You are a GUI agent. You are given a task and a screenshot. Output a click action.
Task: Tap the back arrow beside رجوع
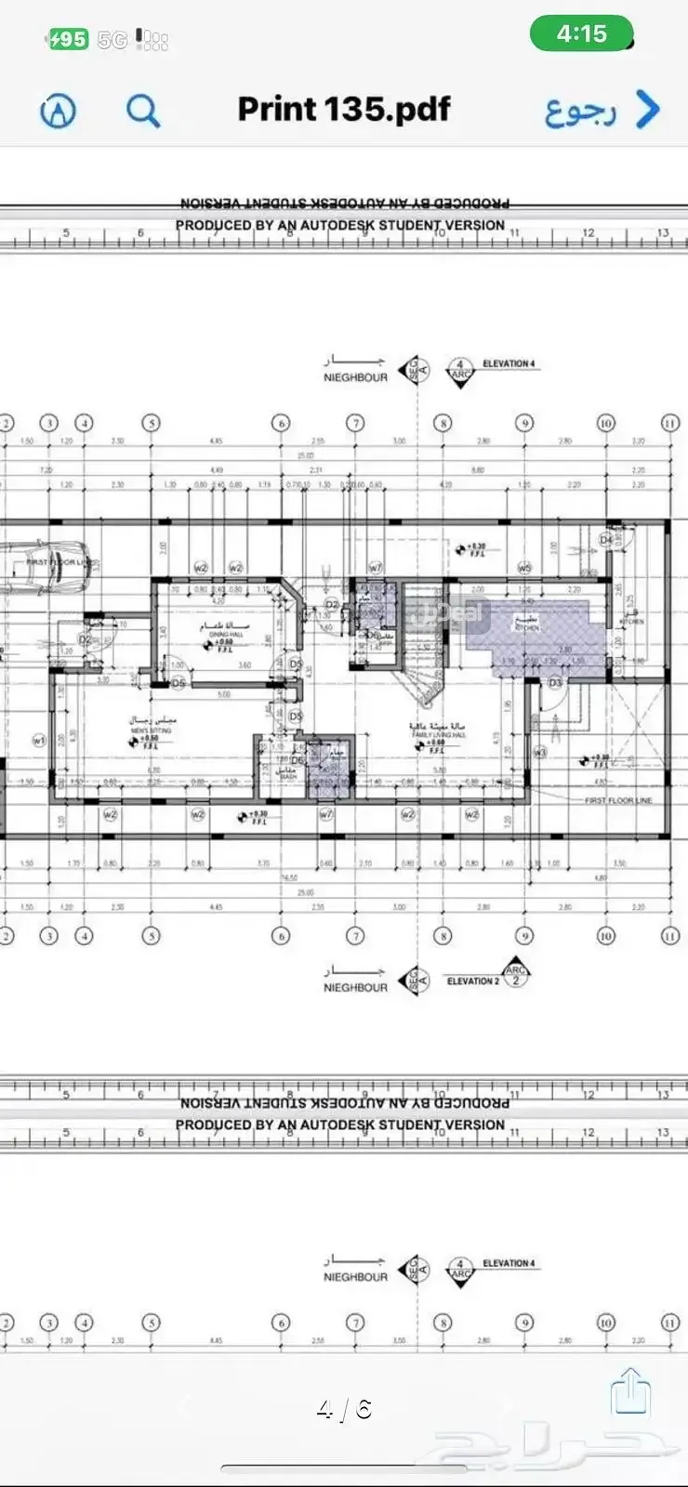(648, 110)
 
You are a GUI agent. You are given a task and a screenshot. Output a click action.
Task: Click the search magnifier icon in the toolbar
(143, 112)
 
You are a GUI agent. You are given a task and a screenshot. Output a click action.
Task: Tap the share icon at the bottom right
(630, 1391)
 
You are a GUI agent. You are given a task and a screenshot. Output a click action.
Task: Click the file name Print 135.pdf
(344, 110)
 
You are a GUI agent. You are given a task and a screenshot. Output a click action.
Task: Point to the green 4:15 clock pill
(581, 34)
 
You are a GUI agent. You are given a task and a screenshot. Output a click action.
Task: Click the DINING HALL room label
(225, 632)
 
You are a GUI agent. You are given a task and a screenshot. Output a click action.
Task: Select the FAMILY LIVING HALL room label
(438, 733)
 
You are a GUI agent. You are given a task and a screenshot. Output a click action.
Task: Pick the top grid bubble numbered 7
(355, 423)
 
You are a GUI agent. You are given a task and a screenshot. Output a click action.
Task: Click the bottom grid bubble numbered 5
(151, 935)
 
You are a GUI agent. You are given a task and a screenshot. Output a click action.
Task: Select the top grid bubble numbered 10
(605, 423)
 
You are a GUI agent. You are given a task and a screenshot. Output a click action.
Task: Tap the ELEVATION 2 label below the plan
(472, 981)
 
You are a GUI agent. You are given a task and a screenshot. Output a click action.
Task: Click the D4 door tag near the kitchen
(606, 539)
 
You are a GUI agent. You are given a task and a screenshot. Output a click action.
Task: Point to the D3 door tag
(555, 683)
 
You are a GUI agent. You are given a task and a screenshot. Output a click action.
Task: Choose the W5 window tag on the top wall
(524, 568)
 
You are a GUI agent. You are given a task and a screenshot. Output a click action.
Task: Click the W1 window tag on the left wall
(39, 741)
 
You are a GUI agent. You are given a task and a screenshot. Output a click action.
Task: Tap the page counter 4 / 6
(344, 1410)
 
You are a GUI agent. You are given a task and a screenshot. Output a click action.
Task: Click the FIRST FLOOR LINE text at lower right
(618, 800)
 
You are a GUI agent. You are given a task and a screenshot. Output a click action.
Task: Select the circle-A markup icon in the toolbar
(58, 112)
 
